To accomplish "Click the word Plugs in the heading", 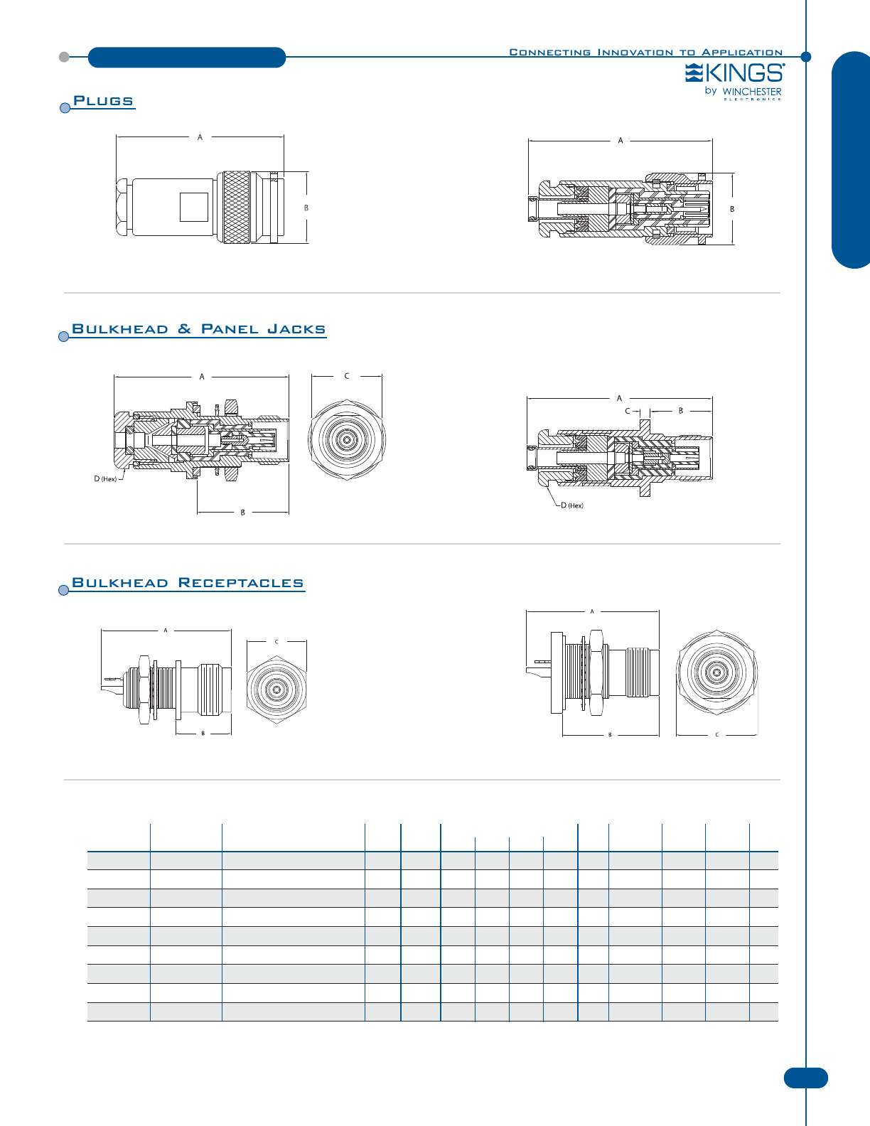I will coord(103,101).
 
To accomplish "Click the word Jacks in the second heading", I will coord(296,329).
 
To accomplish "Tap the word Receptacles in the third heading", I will coord(240,583).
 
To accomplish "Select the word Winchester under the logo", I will coord(751,92).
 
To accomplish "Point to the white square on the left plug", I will coord(193,208).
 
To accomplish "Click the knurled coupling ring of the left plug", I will coord(236,208).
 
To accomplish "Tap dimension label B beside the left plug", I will coord(306,208).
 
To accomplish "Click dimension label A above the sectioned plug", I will coord(621,141).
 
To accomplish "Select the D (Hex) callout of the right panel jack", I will coord(572,505).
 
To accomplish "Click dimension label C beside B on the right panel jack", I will coord(628,411).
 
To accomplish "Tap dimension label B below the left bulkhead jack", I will coord(242,512).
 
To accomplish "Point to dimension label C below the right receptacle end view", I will coord(716,735).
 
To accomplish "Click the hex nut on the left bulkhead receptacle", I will coord(143,690).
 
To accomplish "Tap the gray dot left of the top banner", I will coord(64,57).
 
